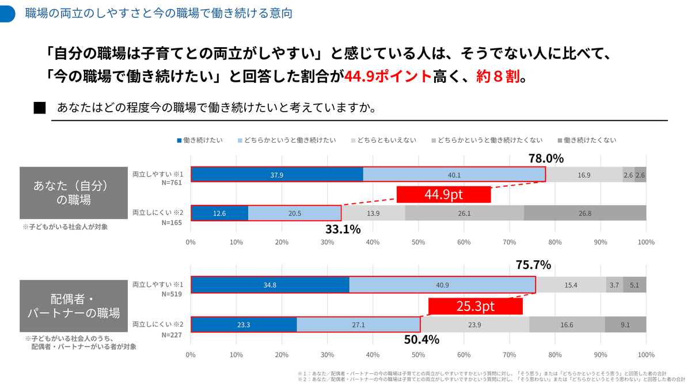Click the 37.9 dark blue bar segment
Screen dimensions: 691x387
pyautogui.click(x=277, y=174)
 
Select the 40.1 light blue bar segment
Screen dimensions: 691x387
pyautogui.click(x=454, y=174)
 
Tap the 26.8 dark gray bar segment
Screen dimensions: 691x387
pyautogui.click(x=585, y=213)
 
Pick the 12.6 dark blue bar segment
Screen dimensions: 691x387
pyautogui.click(x=219, y=213)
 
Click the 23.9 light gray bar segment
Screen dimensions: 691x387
pyautogui.click(x=474, y=324)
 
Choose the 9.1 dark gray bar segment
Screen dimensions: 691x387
pyautogui.click(x=625, y=324)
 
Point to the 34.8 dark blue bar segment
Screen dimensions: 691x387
pyautogui.click(x=270, y=284)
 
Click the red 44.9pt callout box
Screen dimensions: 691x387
pyautogui.click(x=443, y=195)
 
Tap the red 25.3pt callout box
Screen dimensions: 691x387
pyautogui.click(x=476, y=306)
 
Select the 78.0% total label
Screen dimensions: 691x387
pyautogui.click(x=546, y=158)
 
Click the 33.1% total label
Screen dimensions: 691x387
pyautogui.click(x=343, y=229)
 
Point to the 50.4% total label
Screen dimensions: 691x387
pyautogui.click(x=422, y=339)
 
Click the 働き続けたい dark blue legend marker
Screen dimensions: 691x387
pyautogui.click(x=179, y=141)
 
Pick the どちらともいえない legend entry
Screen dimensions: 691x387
pyautogui.click(x=384, y=141)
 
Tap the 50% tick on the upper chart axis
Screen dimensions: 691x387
pyautogui.click(x=418, y=242)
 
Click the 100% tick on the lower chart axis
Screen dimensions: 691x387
pyautogui.click(x=646, y=355)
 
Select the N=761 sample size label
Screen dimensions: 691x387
pyautogui.click(x=172, y=183)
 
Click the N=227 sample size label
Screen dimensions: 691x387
pyautogui.click(x=172, y=335)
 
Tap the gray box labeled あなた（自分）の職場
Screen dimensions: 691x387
pyautogui.click(x=74, y=193)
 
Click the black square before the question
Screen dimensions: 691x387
pyautogui.click(x=40, y=108)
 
